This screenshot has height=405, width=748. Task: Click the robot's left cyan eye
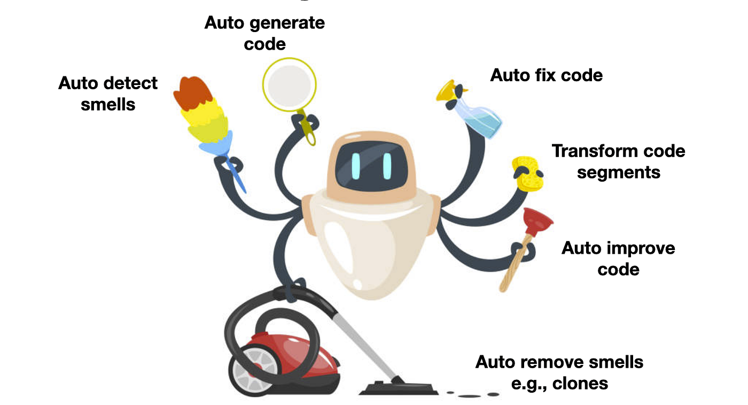tap(356, 166)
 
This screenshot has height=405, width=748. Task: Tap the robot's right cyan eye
tap(387, 166)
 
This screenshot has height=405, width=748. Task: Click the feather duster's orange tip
tap(192, 92)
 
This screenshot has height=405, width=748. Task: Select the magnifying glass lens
tap(289, 84)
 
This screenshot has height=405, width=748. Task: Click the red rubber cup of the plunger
tap(537, 221)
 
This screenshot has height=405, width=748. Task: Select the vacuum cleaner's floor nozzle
tap(399, 388)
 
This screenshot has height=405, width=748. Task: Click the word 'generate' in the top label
tap(287, 24)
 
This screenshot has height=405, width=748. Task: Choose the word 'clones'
tap(580, 384)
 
